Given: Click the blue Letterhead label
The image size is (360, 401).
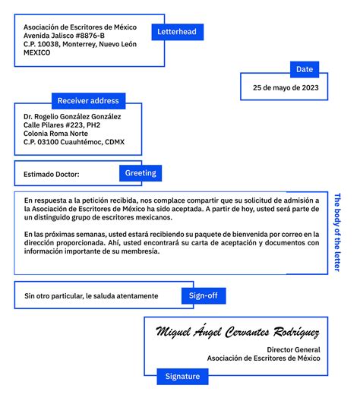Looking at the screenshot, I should pyautogui.click(x=176, y=32).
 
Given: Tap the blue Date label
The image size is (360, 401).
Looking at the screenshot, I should pyautogui.click(x=304, y=69).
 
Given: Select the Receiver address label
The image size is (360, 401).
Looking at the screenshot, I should pyautogui.click(x=88, y=100).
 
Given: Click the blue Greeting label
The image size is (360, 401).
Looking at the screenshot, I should pyautogui.click(x=141, y=173).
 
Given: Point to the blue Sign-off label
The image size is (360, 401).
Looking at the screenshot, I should pyautogui.click(x=203, y=295).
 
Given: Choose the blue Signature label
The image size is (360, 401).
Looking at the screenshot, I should pyautogui.click(x=182, y=376).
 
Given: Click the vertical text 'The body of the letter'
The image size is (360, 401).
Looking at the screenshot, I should pyautogui.click(x=338, y=232).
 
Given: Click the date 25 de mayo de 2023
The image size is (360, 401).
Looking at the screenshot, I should pyautogui.click(x=286, y=87).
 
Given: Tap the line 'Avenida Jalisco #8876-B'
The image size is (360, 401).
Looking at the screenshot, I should pyautogui.click(x=65, y=36).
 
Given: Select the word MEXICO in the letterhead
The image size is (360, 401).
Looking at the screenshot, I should pyautogui.click(x=37, y=53).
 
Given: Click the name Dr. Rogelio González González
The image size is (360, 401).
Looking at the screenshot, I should pyautogui.click(x=72, y=116).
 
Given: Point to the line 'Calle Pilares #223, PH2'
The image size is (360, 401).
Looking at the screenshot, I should pyautogui.click(x=62, y=125).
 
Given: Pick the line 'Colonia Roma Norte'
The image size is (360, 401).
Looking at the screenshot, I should pyautogui.click(x=55, y=134).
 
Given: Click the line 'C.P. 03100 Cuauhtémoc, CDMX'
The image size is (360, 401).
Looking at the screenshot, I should pyautogui.click(x=74, y=142).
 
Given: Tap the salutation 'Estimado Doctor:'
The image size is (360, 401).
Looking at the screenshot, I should pyautogui.click(x=52, y=174).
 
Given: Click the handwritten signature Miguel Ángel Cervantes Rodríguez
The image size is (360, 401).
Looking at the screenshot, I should pyautogui.click(x=237, y=333).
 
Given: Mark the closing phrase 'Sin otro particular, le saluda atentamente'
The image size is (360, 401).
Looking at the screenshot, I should pyautogui.click(x=91, y=295).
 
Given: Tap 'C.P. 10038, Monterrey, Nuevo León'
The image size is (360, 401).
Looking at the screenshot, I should pyautogui.click(x=80, y=44).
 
